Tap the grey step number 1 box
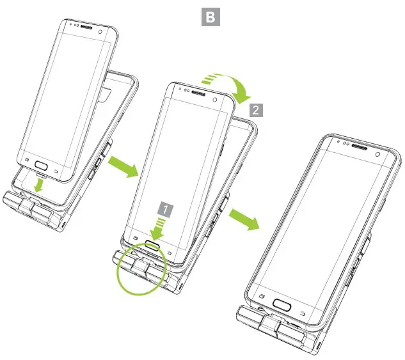point(165,208)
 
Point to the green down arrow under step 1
point(157,229)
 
